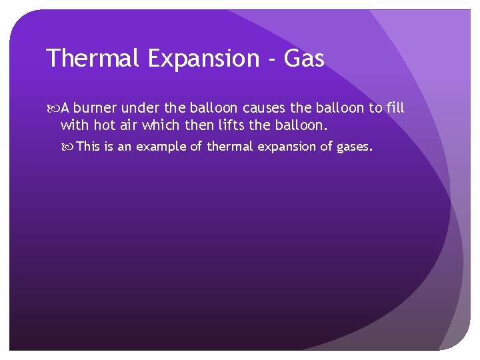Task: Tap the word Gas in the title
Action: [304, 59]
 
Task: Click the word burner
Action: [98, 107]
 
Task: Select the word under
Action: [141, 107]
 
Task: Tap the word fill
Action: [395, 107]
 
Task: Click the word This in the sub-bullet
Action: [89, 147]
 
